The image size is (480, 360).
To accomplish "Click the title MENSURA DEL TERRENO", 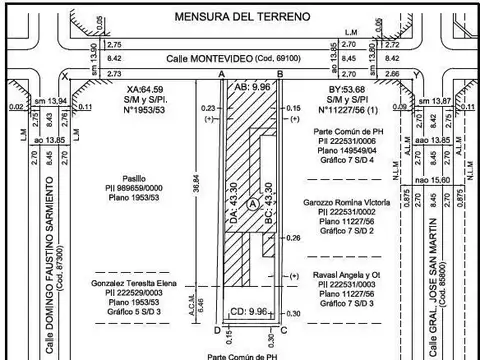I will pos(236,17).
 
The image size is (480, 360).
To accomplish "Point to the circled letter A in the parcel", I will pos(253,203).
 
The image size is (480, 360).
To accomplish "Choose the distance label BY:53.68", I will pos(348,89).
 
